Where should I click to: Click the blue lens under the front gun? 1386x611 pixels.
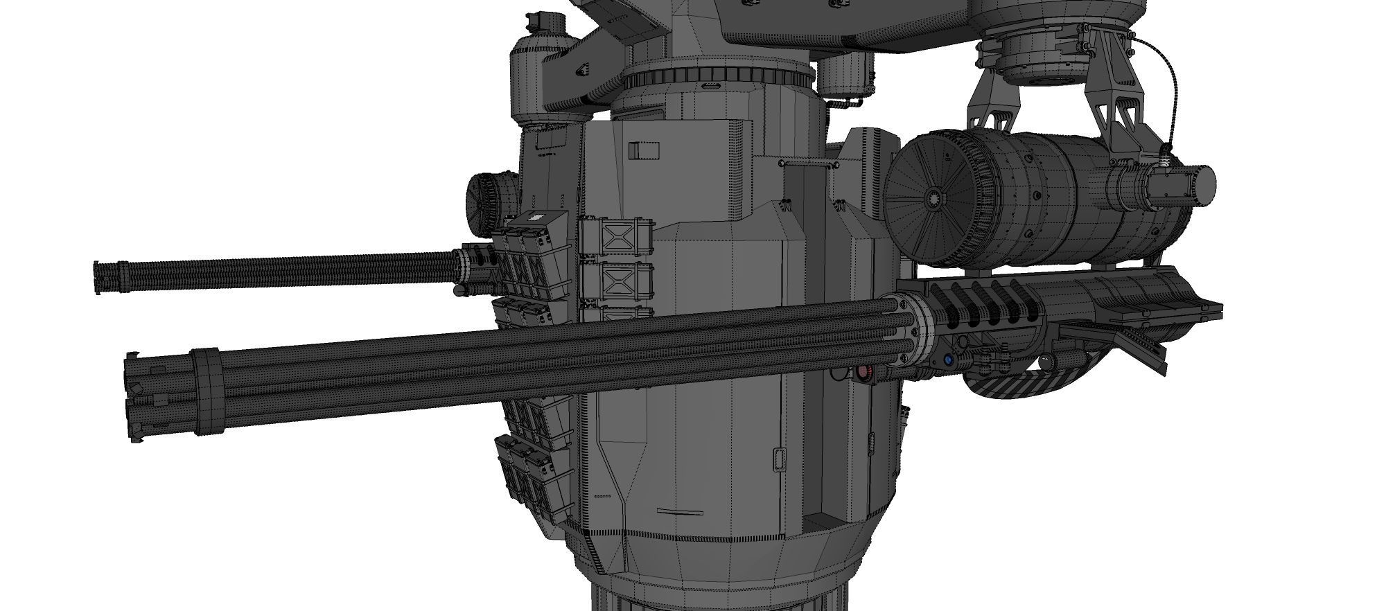[947, 360]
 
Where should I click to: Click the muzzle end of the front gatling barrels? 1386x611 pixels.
[134, 397]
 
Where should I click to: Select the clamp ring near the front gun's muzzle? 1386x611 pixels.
[206, 391]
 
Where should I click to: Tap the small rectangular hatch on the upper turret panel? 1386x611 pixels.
[644, 151]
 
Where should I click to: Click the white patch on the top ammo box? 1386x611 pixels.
[534, 216]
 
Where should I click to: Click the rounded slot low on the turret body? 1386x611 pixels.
[780, 459]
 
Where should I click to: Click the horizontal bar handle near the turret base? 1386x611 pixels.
[680, 513]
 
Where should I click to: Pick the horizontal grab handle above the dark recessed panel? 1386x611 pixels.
[810, 163]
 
